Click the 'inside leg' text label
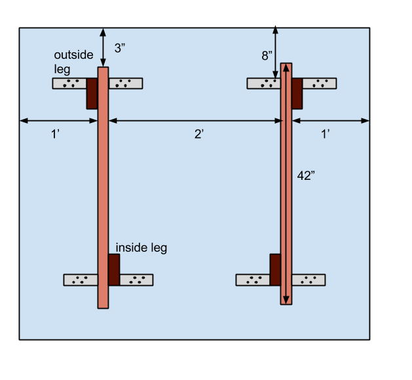pos(141,248)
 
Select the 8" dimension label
pos(267,56)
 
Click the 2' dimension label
pos(199,134)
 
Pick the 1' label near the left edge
pos(57,134)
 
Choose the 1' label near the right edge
pos(326,134)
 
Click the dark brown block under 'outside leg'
pos(92,94)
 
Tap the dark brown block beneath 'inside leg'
pos(114,269)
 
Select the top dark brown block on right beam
pos(297,94)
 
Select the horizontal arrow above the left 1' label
pos(59,120)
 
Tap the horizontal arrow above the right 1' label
pos(331,120)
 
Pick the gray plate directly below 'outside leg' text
pos(69,83)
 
